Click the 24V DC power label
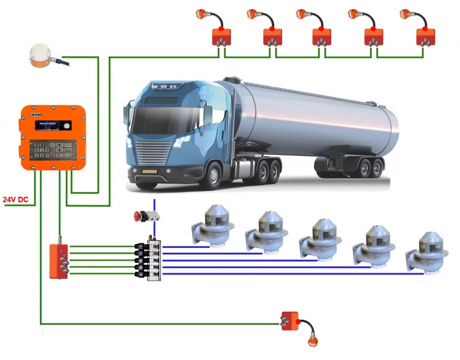(x=16, y=200)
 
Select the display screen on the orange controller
(x=52, y=125)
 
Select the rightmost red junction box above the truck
(x=426, y=37)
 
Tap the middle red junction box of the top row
(x=322, y=37)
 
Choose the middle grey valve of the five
(x=318, y=239)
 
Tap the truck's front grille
(x=152, y=152)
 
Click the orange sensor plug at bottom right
(x=313, y=342)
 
